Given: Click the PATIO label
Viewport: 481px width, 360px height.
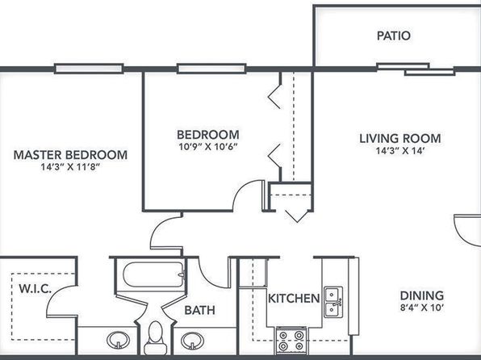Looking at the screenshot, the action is click(394, 36).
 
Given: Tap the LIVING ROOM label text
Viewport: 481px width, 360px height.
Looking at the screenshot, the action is click(400, 138).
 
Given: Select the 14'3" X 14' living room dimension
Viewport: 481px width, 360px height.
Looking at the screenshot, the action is click(400, 151).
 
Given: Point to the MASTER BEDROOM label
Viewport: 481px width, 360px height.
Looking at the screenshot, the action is click(70, 155).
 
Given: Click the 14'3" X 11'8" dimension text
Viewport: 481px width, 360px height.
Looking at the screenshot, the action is click(71, 167).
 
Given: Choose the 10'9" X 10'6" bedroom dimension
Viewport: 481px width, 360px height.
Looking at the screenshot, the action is click(208, 147).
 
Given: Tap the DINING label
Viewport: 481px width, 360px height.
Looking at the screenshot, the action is click(422, 295).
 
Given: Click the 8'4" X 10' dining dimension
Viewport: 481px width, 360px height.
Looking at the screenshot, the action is click(422, 308).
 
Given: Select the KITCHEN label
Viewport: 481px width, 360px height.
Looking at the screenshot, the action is click(294, 299).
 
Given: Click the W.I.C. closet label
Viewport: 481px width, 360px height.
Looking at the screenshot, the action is click(35, 289).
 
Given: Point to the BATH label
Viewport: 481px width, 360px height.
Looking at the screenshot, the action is click(199, 310).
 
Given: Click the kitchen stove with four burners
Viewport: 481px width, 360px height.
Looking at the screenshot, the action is click(291, 340).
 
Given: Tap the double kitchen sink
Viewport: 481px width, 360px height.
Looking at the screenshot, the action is click(333, 302).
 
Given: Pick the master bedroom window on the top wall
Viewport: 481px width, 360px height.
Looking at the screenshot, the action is click(89, 69).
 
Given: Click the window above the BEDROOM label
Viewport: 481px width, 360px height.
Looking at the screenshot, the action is click(211, 69).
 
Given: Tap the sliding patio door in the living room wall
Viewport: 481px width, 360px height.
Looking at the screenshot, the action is click(416, 69).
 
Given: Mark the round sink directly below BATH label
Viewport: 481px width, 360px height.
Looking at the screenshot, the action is click(192, 341).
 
